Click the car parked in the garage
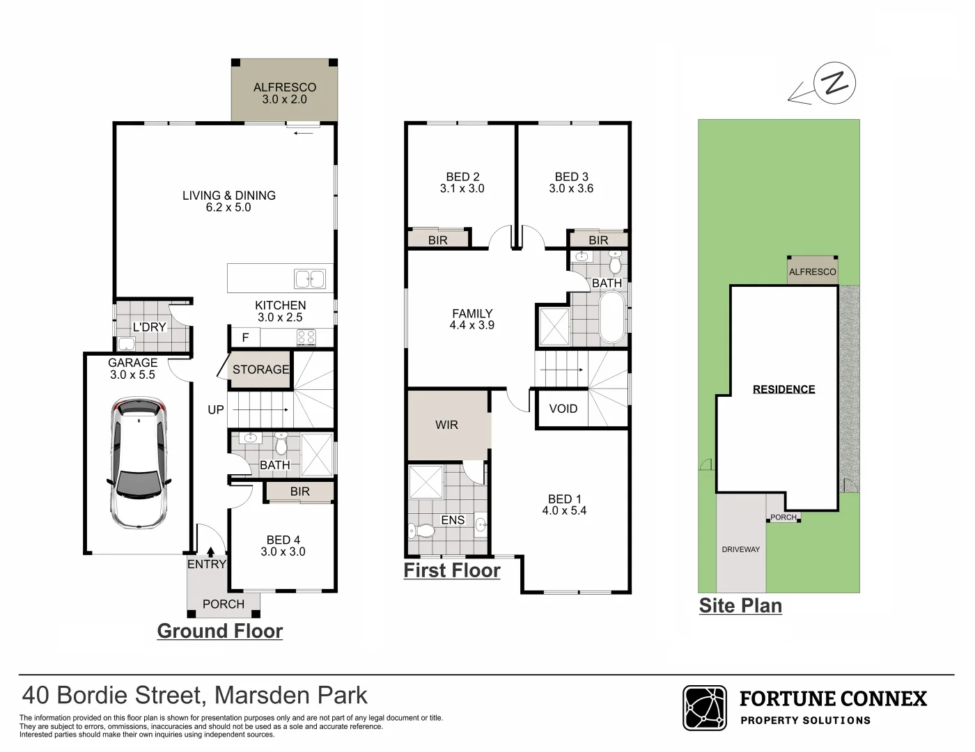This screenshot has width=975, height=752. click(139, 462)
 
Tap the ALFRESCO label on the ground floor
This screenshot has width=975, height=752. click(284, 88)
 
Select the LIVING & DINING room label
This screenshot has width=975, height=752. click(229, 196)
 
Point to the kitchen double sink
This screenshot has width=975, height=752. click(310, 279)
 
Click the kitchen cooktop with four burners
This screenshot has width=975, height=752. click(306, 338)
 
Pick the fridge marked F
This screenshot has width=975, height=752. click(245, 338)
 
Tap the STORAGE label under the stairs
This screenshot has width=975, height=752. click(260, 370)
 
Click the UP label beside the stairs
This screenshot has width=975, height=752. click(216, 409)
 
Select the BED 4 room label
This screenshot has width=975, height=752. click(283, 540)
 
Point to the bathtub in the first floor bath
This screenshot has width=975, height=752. click(612, 318)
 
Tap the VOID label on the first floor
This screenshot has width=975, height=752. click(563, 409)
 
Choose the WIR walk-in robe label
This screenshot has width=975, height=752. click(446, 425)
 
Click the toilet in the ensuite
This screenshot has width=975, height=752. click(422, 531)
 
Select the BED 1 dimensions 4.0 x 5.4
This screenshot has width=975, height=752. click(564, 511)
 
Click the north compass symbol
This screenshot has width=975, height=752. click(834, 84)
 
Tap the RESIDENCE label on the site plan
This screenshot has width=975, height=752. click(783, 389)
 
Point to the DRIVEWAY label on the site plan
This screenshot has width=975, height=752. click(741, 549)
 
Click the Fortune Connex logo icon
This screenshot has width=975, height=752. click(705, 708)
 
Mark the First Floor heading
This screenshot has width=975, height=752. click(452, 571)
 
